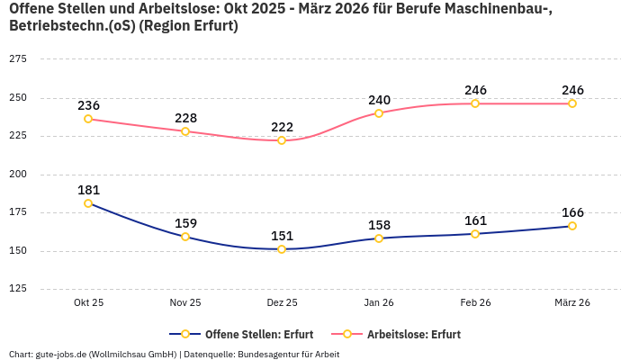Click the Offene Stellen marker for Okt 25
[x=88, y=203]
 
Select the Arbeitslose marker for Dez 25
[x=282, y=140]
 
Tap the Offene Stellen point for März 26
[x=572, y=226]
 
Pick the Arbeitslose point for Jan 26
[x=379, y=113]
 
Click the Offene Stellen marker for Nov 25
[x=185, y=237]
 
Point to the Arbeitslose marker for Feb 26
[x=475, y=103]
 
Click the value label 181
[x=88, y=190]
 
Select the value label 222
[x=282, y=127]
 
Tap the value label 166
[x=572, y=212]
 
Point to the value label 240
[x=379, y=100]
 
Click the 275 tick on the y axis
[x=17, y=59]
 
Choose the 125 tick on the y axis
[x=17, y=289]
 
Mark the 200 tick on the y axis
[x=17, y=175]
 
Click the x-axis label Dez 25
[x=282, y=303]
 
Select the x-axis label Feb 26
[x=475, y=303]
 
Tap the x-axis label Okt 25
[x=88, y=303]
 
